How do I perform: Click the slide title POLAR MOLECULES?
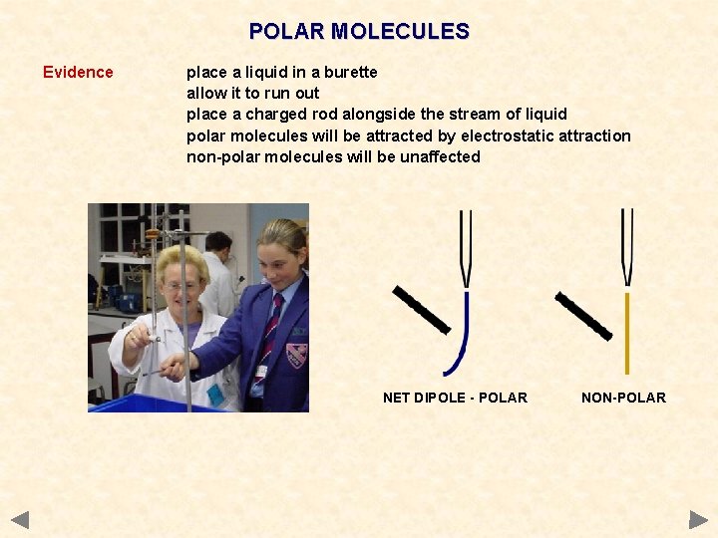pyautogui.click(x=359, y=32)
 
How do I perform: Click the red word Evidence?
pyautogui.click(x=78, y=72)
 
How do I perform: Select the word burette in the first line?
pyautogui.click(x=351, y=72)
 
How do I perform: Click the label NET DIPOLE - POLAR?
pyautogui.click(x=455, y=398)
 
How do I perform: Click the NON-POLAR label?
pyautogui.click(x=623, y=398)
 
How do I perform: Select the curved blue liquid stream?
pyautogui.click(x=461, y=339)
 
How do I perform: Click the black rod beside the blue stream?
pyautogui.click(x=422, y=309)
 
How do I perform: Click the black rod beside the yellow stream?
pyautogui.click(x=583, y=315)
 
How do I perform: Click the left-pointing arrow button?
pyautogui.click(x=20, y=519)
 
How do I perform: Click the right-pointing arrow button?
pyautogui.click(x=698, y=519)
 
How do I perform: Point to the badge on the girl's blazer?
pyautogui.click(x=296, y=355)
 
